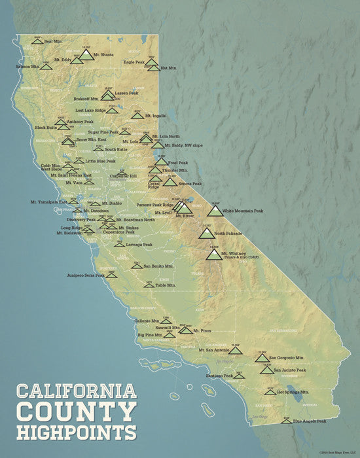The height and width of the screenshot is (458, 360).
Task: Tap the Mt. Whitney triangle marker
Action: tap(213, 254)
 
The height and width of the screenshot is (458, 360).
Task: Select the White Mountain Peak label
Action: tap(243, 211)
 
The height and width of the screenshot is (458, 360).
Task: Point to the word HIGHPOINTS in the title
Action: tap(77, 432)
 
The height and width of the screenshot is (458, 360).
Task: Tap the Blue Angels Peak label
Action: tap(309, 421)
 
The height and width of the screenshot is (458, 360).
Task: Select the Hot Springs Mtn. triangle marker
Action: tap(270, 392)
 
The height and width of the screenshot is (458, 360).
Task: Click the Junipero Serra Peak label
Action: tap(82, 275)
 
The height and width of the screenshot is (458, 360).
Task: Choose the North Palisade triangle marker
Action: tap(206, 233)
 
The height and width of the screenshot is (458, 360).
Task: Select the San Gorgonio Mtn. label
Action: tap(289, 359)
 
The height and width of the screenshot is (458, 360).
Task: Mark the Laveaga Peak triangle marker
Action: tap(119, 244)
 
